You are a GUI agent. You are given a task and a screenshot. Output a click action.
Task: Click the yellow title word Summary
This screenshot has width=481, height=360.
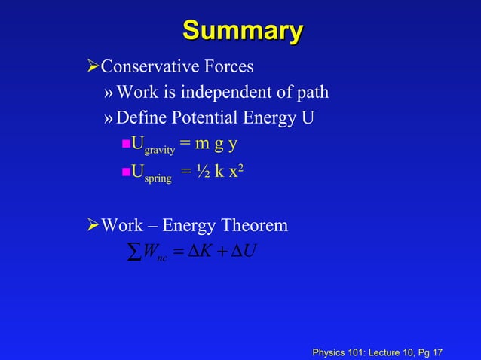point(242,32)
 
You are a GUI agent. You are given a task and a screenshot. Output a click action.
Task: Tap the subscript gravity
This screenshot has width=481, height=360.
point(160,150)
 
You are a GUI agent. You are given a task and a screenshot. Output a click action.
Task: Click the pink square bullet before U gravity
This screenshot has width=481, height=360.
point(126,145)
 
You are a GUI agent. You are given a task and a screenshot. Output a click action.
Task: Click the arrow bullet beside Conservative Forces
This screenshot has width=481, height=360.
point(93,67)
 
